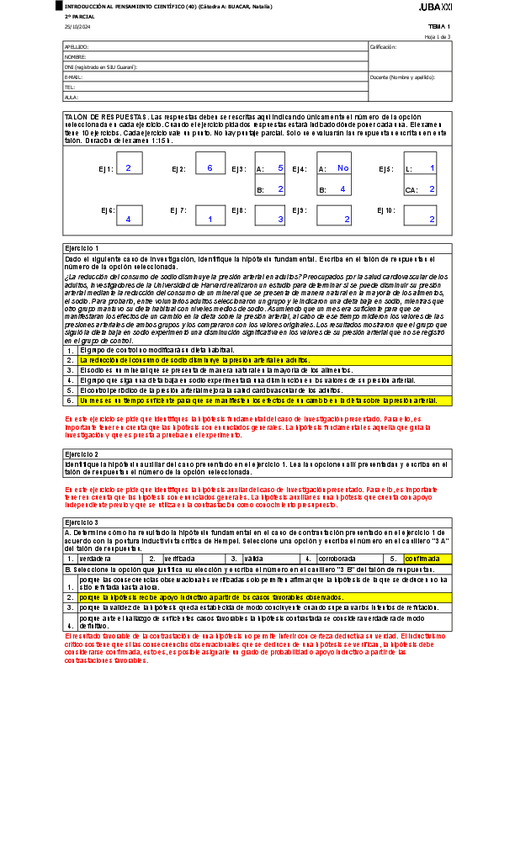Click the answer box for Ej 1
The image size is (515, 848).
pyautogui.click(x=129, y=169)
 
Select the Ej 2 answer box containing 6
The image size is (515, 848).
pyautogui.click(x=209, y=169)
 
